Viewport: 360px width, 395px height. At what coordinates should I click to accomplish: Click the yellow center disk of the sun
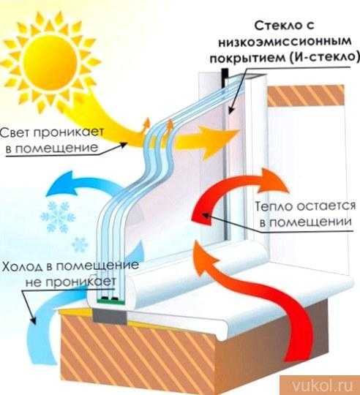50,61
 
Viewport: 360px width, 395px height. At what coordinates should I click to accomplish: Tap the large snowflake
59,217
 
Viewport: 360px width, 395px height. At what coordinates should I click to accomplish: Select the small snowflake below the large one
80,244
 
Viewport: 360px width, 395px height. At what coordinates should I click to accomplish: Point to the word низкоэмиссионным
285,42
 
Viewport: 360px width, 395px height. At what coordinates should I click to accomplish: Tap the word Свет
16,132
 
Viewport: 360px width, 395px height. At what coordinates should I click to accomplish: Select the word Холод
22,266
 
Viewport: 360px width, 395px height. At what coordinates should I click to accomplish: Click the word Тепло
274,206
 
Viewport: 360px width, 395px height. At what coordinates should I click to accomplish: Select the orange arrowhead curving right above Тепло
274,181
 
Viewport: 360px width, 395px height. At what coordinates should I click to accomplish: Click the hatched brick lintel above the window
306,95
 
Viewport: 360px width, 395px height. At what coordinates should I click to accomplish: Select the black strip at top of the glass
225,78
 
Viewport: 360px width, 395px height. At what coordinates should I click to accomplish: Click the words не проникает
71,282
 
